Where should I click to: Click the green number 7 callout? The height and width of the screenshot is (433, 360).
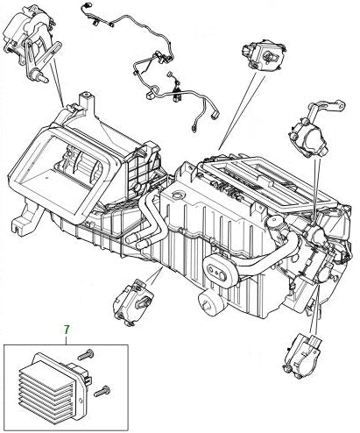[67, 330]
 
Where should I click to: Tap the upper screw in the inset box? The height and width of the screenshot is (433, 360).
[86, 355]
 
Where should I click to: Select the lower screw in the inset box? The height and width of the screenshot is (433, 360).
[102, 391]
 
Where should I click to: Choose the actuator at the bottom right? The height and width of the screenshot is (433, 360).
[302, 357]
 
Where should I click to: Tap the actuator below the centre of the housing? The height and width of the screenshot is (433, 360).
[133, 302]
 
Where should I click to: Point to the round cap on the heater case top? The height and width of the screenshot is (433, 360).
[178, 195]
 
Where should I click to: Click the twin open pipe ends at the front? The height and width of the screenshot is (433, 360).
[138, 239]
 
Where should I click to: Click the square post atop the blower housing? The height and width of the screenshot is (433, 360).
[87, 100]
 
